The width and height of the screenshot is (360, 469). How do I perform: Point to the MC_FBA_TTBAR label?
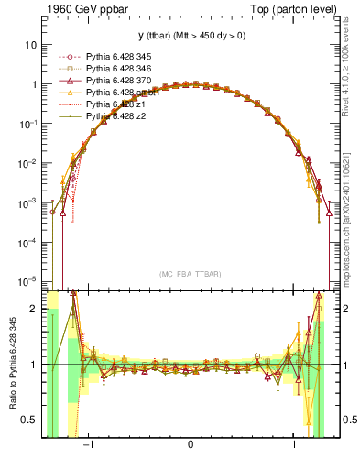[x=191, y=274]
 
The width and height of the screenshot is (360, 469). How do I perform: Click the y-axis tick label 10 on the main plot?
[x=31, y=44]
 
